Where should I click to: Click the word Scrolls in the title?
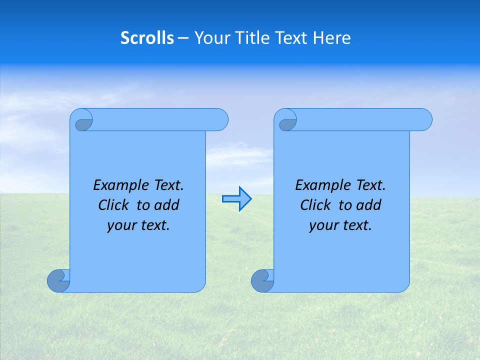[x=147, y=38]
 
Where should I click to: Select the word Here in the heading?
[x=331, y=38]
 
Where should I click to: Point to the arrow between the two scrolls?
[x=236, y=199]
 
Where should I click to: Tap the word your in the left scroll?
[x=120, y=225]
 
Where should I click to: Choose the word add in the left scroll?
[x=167, y=205]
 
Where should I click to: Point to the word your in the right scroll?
[x=322, y=225]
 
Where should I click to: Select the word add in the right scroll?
[x=369, y=205]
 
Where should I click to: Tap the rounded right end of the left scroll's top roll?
[x=220, y=119]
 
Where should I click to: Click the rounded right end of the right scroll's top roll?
[x=424, y=119]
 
